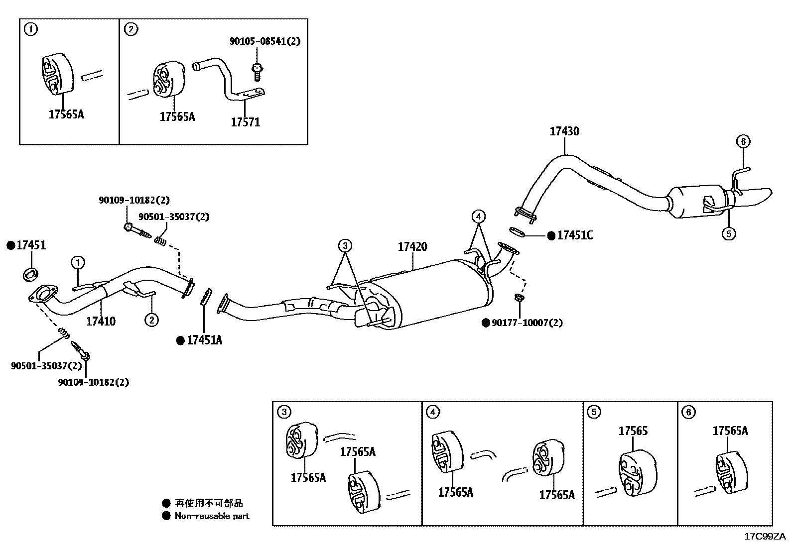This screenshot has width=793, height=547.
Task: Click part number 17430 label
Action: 564,131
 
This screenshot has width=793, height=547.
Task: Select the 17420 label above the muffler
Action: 412,247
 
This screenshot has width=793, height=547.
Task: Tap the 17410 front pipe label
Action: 101,321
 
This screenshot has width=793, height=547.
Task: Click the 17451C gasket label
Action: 575,235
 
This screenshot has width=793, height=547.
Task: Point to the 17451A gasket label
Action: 204,340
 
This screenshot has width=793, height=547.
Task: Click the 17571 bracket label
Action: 245,122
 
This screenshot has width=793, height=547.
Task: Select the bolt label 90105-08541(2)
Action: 265,41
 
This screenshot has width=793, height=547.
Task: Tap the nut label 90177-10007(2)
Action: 527,323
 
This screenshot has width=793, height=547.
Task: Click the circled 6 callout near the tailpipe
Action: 742,142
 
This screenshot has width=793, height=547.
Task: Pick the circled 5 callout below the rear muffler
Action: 728,233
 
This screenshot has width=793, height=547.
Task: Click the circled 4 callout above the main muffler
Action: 478,217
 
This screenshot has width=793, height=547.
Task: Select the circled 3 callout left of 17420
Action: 345,245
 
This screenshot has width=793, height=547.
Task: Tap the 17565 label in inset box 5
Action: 633,431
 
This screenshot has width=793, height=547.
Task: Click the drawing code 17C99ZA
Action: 765,537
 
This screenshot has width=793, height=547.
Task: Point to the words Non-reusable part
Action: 212,516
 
